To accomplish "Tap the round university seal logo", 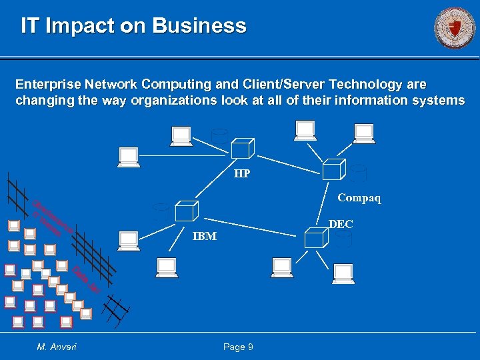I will point(455,29).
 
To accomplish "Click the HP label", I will point(242,174).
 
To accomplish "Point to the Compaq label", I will point(359,198).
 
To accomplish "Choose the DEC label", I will point(341,225).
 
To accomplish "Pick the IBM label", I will point(205,236).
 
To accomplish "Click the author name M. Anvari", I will point(57,347).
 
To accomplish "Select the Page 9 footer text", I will point(238,347).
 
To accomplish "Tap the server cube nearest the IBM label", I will point(185,210).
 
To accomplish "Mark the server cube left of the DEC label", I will point(313,238).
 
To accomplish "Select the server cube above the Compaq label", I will point(333,169).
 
